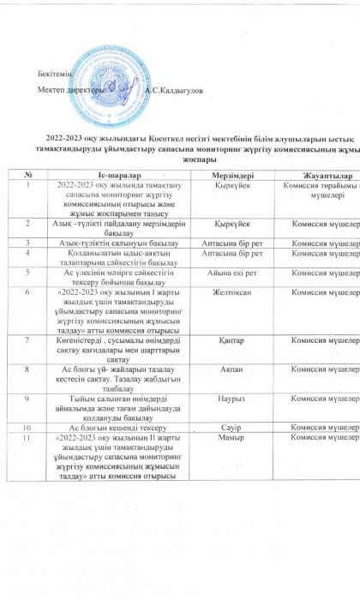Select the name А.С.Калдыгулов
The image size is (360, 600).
pyautogui.click(x=175, y=90)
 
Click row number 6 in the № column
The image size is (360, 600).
pyautogui.click(x=29, y=291)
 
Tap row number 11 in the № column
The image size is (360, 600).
pyautogui.click(x=29, y=436)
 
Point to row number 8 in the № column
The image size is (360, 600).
pyautogui.click(x=29, y=369)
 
